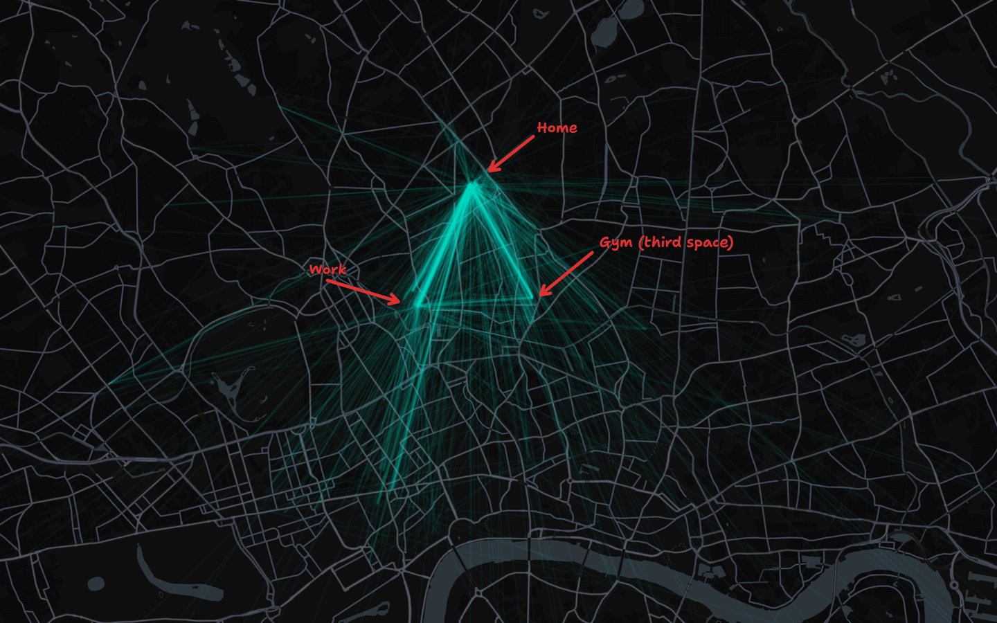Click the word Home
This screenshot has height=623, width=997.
(x=557, y=127)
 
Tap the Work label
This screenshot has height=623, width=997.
(x=327, y=269)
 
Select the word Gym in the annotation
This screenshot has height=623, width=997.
(x=616, y=243)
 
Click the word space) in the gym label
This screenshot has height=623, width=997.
(x=710, y=242)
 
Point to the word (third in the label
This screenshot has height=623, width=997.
(x=661, y=242)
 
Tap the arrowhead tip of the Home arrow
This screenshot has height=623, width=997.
(x=489, y=171)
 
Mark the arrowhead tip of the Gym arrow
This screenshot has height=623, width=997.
(x=540, y=296)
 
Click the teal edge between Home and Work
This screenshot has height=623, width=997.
(x=444, y=244)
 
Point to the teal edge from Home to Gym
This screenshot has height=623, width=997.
(x=503, y=242)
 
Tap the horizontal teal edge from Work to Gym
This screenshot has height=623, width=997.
(x=475, y=303)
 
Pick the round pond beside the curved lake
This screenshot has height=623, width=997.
(x=96, y=584)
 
